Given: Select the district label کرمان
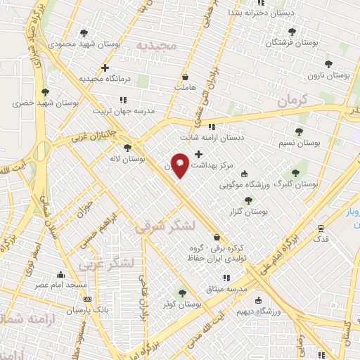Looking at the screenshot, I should (x=292, y=101).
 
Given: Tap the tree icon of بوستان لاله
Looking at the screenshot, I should (x=127, y=148).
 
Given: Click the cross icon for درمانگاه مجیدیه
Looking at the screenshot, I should (x=105, y=68).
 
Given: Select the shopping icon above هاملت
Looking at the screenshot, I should (x=185, y=77).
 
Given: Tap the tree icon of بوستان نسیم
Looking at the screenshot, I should (x=299, y=131).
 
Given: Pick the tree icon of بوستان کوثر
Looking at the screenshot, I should (x=183, y=293).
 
